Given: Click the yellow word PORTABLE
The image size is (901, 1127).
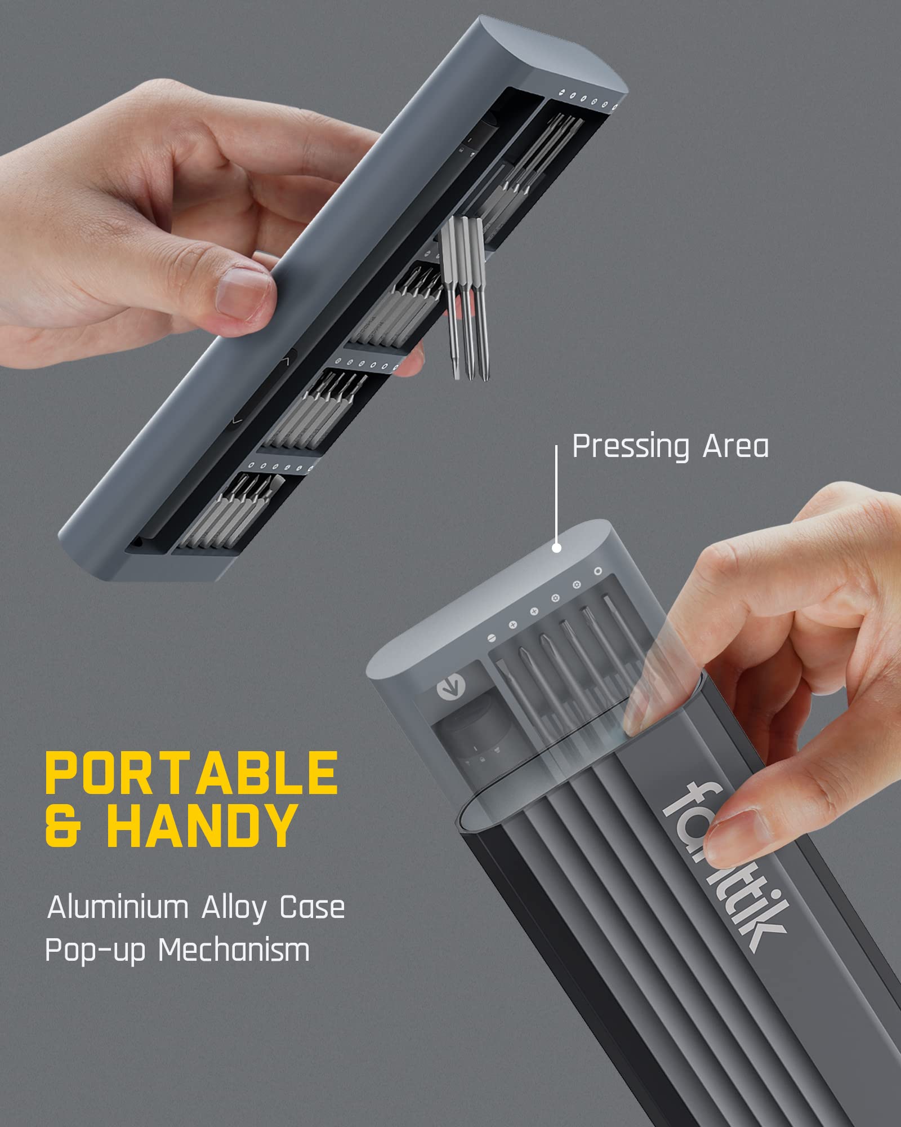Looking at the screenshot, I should (x=191, y=772).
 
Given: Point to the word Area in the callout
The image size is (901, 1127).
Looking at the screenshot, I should (x=735, y=447).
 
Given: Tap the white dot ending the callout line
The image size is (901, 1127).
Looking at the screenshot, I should (x=556, y=547).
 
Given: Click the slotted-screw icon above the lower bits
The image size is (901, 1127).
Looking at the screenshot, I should (x=491, y=638).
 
